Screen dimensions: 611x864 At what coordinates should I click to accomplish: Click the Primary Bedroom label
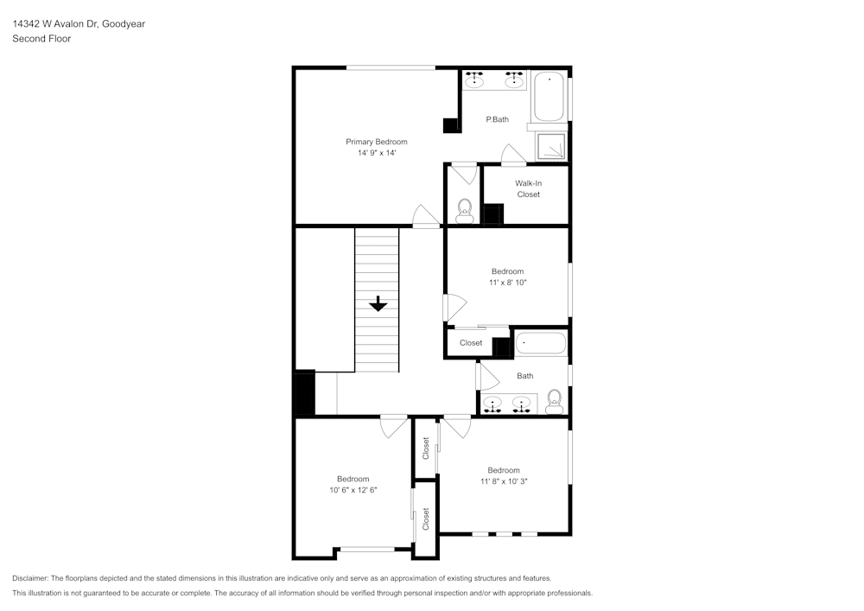pos(376,142)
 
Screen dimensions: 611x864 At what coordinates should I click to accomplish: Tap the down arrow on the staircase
pos(378,304)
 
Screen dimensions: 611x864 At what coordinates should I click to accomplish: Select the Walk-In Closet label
pos(528,188)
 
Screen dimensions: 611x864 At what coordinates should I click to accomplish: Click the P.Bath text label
pos(497,119)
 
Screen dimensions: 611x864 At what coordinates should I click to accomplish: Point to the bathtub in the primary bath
pos(549,98)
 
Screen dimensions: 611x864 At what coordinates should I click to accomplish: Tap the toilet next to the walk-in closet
pos(464,210)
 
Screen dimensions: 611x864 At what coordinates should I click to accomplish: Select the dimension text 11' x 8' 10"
pos(507,283)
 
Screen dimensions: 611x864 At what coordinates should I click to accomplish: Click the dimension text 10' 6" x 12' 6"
pos(353,490)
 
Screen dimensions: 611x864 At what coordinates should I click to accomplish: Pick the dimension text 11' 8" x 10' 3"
pos(504,481)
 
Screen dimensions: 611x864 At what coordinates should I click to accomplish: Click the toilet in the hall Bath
pos(554,400)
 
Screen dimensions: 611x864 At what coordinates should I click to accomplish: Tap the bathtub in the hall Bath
pos(541,344)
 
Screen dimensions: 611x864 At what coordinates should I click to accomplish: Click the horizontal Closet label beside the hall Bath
pos(471,343)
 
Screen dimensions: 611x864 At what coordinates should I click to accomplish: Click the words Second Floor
pos(41,39)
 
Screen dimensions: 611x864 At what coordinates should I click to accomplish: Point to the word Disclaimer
pos(30,578)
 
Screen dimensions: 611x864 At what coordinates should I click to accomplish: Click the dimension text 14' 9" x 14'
pos(376,153)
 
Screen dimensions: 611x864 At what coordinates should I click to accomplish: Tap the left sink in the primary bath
pos(475,80)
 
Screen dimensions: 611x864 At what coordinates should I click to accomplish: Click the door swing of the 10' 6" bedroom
pos(394,425)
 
